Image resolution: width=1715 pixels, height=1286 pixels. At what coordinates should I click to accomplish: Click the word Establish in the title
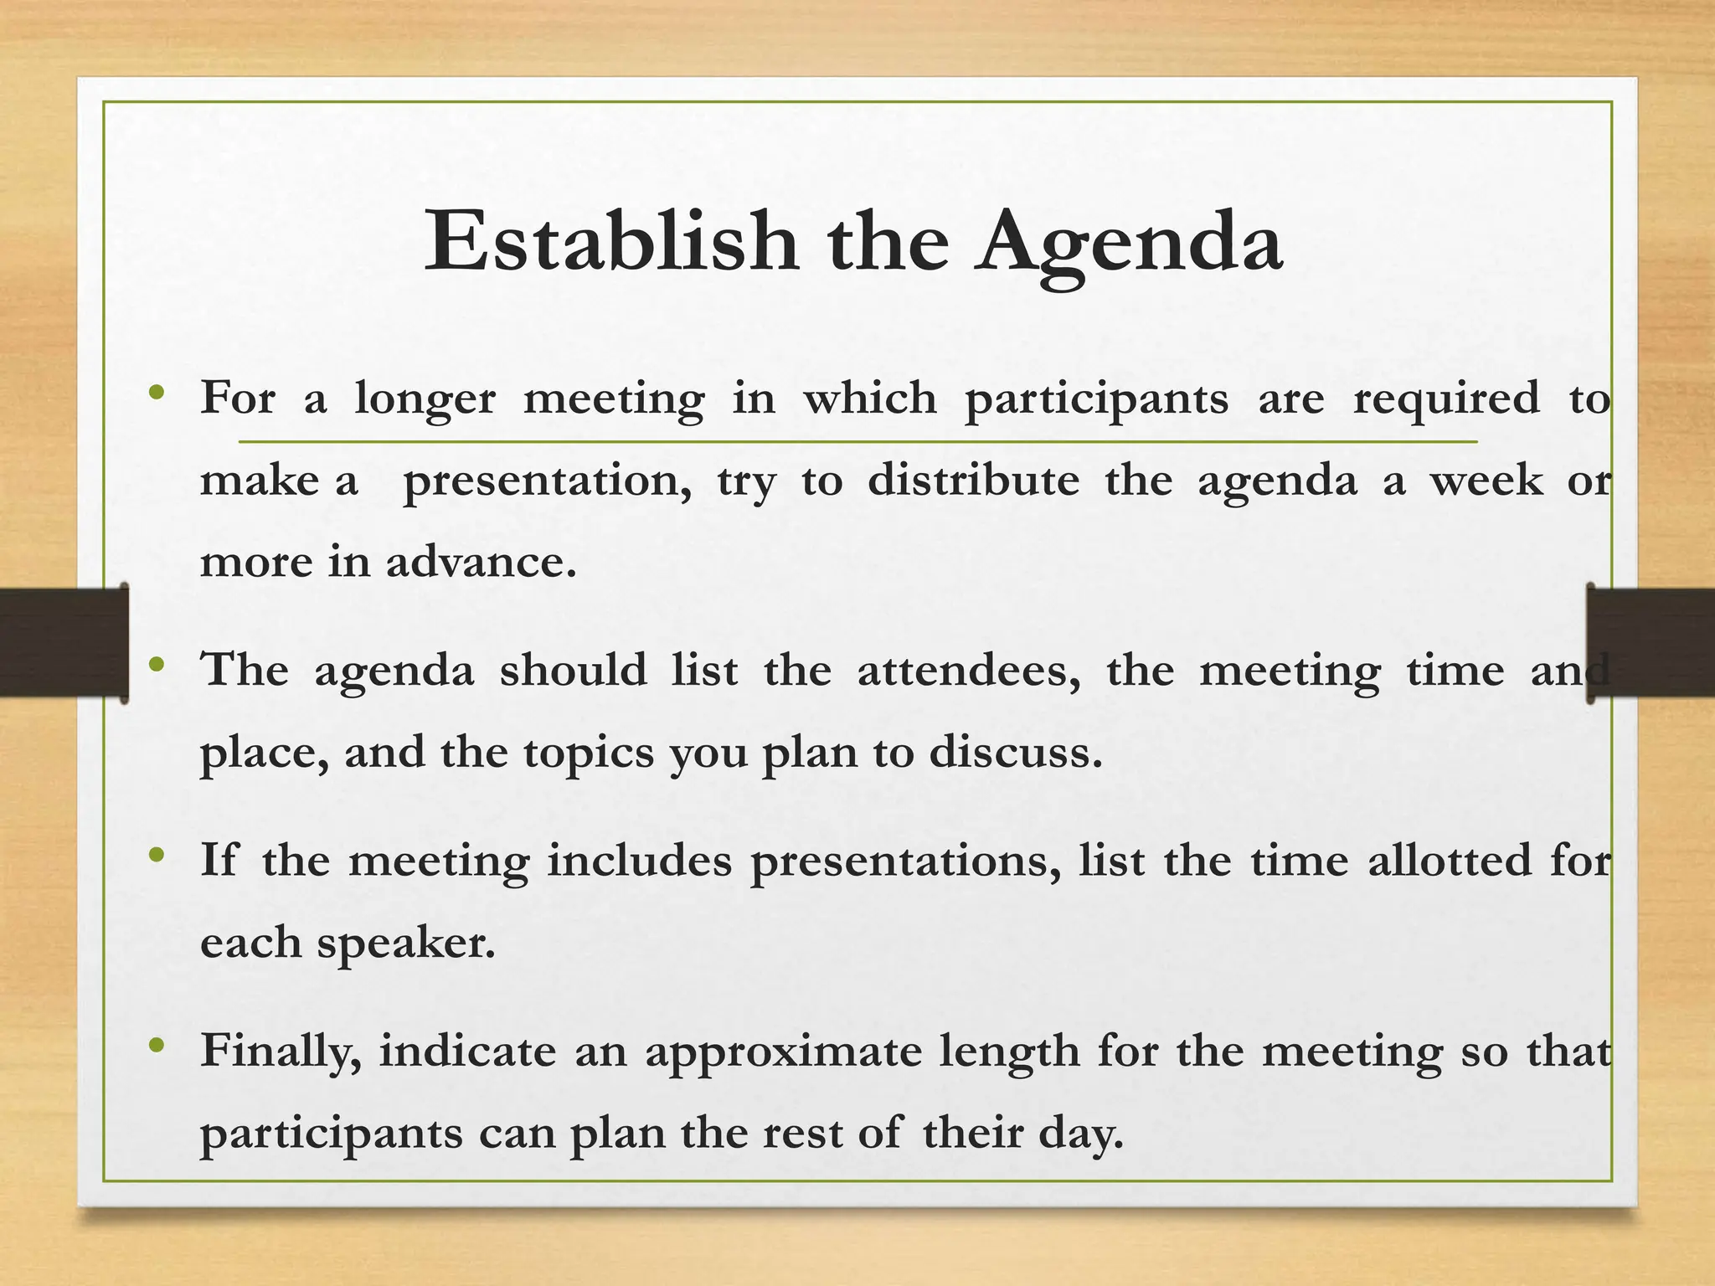click(x=611, y=242)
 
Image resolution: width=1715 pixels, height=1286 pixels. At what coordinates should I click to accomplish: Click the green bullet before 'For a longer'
click(x=156, y=393)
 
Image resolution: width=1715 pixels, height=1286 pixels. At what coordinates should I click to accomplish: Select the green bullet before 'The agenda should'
click(x=156, y=666)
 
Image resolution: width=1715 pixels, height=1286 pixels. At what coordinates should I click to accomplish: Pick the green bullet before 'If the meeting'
click(x=156, y=856)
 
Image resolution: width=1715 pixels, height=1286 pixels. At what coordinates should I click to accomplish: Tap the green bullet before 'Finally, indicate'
click(x=156, y=1046)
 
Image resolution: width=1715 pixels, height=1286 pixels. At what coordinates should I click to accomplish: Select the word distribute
click(x=973, y=480)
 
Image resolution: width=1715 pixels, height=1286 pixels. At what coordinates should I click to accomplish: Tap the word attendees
click(x=968, y=671)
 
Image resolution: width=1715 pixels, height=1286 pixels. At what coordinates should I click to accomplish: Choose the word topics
click(x=589, y=753)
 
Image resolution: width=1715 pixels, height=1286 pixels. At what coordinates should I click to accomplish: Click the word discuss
click(x=1015, y=751)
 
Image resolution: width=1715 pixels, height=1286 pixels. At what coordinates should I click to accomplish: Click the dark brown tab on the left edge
click(x=63, y=642)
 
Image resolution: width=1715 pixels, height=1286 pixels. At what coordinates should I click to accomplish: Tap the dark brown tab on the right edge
click(x=1651, y=642)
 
